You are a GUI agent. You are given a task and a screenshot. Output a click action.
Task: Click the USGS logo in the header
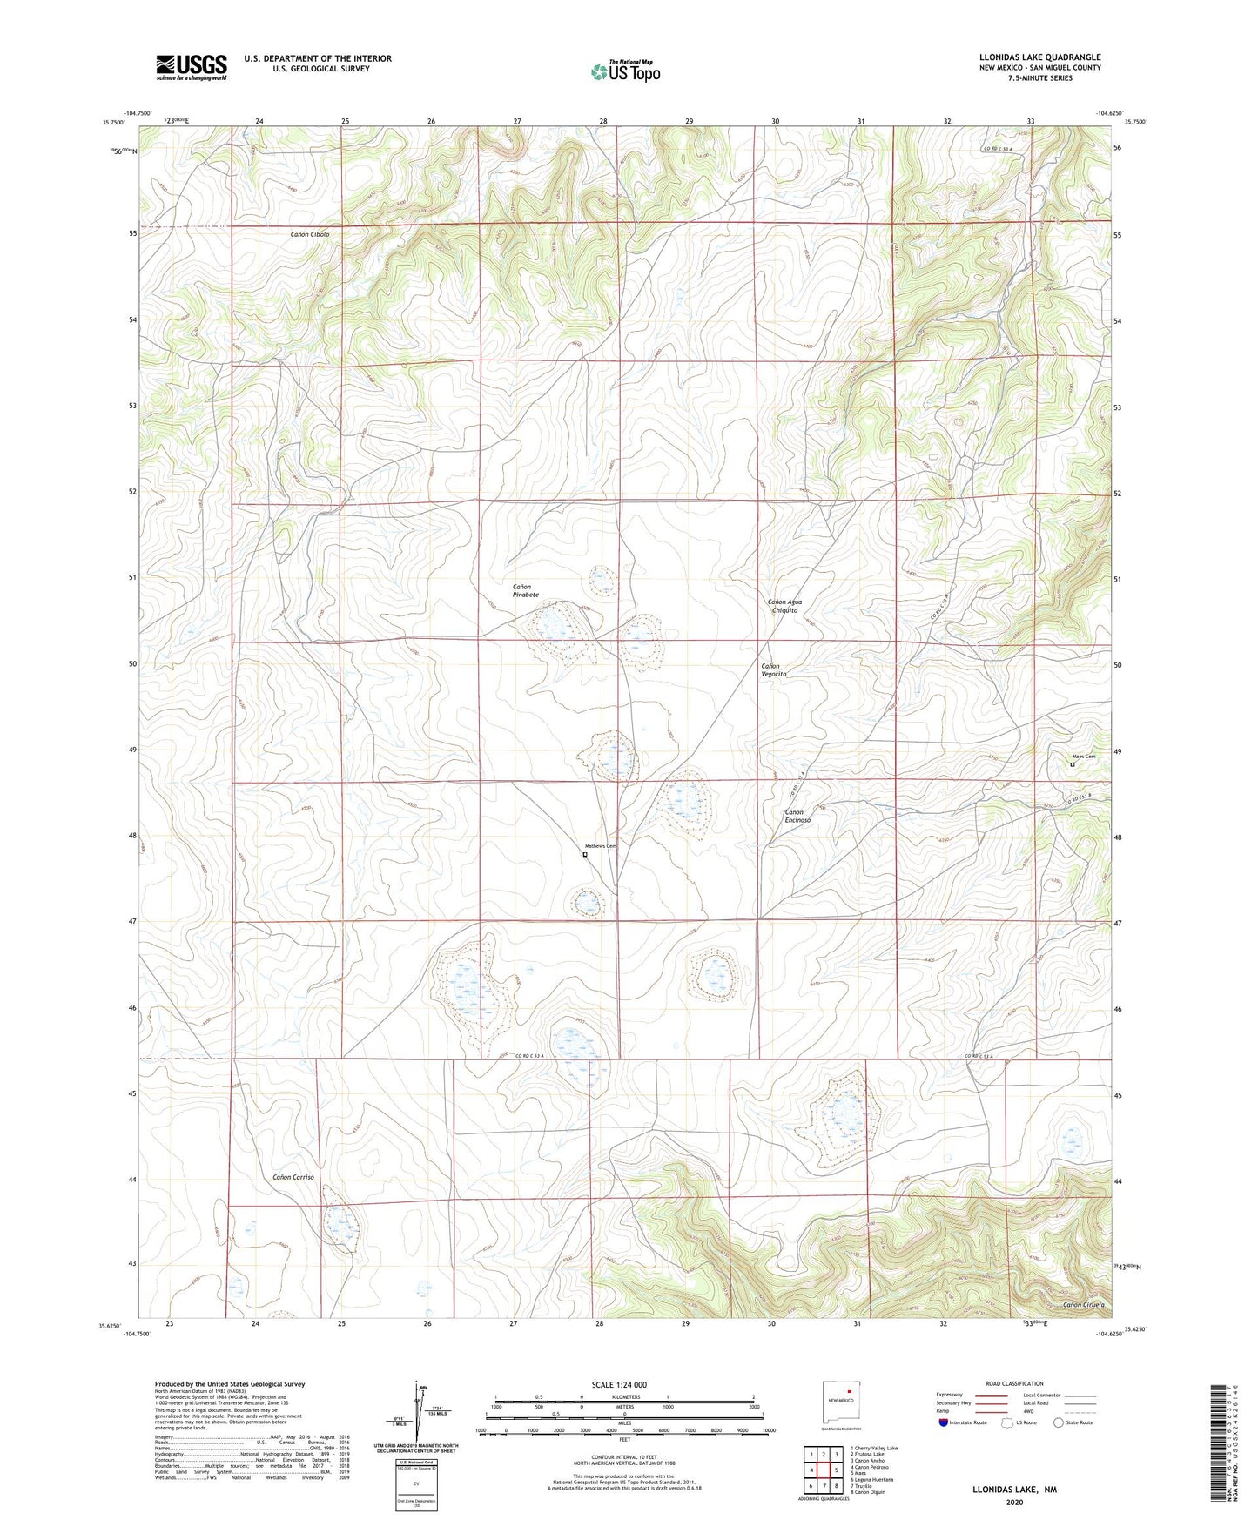192,67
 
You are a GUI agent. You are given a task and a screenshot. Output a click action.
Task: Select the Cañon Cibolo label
310,235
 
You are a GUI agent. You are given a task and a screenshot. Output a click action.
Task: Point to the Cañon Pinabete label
525,591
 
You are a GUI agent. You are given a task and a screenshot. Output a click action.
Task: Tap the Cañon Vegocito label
773,669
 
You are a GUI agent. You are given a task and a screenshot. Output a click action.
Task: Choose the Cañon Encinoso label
797,816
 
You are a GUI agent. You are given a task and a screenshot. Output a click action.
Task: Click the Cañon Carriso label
293,1177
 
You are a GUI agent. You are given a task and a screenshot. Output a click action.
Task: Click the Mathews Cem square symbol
585,855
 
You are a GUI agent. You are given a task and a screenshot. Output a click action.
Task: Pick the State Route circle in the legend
1059,1422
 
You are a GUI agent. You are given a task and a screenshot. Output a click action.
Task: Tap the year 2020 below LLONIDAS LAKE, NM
1012,1502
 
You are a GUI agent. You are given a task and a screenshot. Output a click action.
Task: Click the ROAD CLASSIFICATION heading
1013,1383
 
